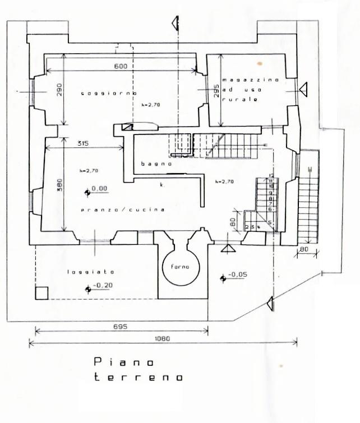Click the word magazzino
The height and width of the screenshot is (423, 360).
tap(242, 80)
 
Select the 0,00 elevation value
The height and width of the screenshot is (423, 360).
tap(99, 189)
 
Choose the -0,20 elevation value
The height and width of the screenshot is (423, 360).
tap(101, 286)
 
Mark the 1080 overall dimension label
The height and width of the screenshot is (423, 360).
tap(163, 338)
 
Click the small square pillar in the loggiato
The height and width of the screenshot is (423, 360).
tap(41, 292)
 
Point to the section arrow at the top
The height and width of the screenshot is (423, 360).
tap(176, 22)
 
